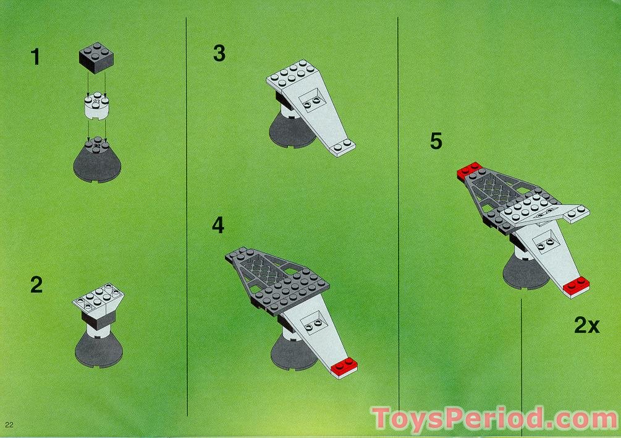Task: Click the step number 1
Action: [35, 58]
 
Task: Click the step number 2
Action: [36, 285]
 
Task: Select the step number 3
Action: [219, 54]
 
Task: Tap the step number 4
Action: [218, 225]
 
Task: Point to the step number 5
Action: [436, 141]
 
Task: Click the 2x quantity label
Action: [586, 325]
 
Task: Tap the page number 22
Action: [9, 424]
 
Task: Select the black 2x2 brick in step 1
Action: [96, 58]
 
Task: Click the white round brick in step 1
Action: [96, 107]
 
